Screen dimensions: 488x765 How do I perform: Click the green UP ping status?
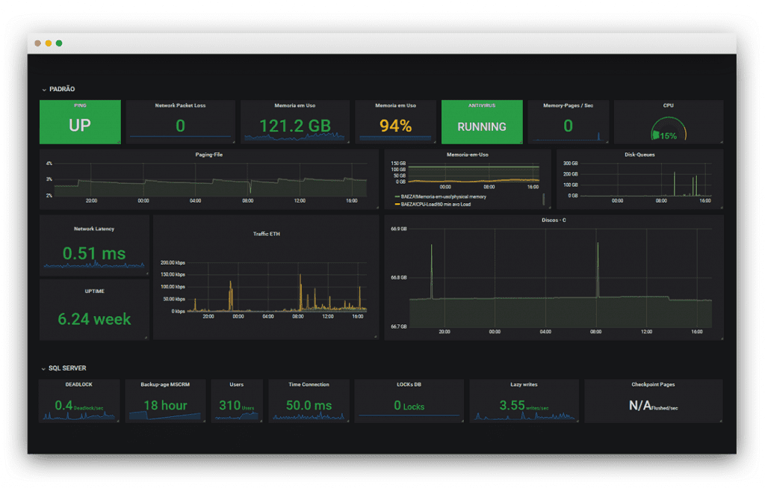click(x=79, y=126)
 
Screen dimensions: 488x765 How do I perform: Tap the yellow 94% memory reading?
click(x=395, y=126)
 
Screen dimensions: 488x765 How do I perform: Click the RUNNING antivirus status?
click(x=481, y=126)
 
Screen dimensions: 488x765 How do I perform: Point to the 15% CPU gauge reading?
click(x=668, y=135)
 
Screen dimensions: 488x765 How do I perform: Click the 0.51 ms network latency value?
click(x=94, y=253)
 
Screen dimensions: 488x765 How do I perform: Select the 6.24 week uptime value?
click(x=94, y=318)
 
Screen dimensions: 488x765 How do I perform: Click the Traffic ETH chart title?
click(x=265, y=234)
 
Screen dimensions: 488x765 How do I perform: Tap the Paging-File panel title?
click(x=208, y=155)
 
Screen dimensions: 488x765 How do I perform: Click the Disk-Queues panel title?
click(x=639, y=155)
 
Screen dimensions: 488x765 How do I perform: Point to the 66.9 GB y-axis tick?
click(x=398, y=229)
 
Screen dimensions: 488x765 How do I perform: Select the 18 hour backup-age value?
click(x=165, y=405)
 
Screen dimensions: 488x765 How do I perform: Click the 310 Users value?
click(x=230, y=405)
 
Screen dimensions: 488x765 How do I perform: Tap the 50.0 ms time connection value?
click(x=309, y=405)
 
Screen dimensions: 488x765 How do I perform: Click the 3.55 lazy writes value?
click(x=512, y=405)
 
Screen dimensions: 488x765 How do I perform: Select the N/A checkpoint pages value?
click(x=642, y=405)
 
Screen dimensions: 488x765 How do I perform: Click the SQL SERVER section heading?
click(x=67, y=368)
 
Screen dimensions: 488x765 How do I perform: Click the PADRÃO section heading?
click(x=62, y=90)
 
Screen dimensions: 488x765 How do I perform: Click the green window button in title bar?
click(x=59, y=43)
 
